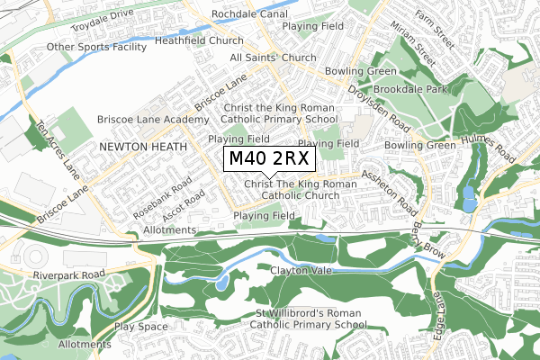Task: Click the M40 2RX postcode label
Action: [269, 158]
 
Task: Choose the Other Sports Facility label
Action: [98, 47]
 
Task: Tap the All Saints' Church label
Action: [273, 58]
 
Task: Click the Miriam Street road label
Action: [417, 49]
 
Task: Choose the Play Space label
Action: [140, 327]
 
